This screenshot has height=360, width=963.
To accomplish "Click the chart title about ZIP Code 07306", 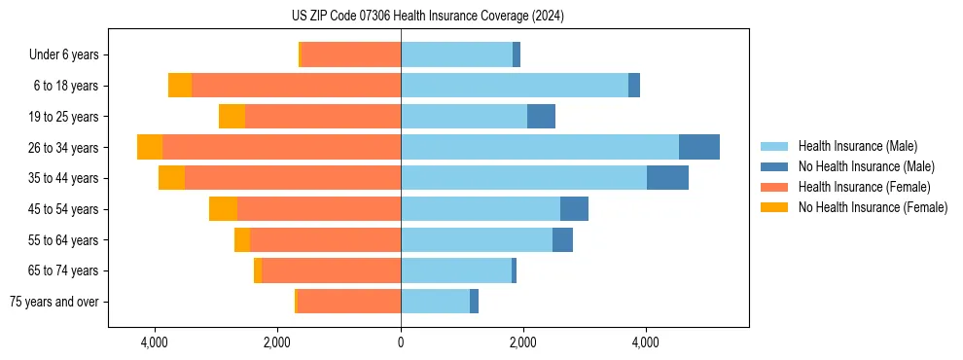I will tap(427, 17).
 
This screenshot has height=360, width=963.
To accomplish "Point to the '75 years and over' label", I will tap(54, 302).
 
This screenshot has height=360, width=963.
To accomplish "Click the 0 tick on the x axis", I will tap(401, 342).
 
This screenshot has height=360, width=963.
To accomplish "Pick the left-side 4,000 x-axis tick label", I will tap(155, 342).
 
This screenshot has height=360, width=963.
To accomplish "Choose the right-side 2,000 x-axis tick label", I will tap(523, 342).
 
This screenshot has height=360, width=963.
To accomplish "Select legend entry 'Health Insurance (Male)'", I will tap(857, 146).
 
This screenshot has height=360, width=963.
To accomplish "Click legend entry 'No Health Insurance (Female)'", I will tap(873, 207).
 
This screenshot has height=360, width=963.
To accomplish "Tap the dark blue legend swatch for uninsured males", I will tap(774, 166).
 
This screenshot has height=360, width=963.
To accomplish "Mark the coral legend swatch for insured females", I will tap(774, 187).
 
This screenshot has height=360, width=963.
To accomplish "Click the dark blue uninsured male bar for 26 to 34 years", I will tap(698, 147).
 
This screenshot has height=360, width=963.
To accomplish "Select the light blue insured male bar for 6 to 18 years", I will tap(515, 86).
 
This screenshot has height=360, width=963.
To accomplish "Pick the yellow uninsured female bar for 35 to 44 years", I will tap(171, 178).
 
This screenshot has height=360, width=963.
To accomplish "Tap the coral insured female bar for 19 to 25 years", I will tap(323, 117).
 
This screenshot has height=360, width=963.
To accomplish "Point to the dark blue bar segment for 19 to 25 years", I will tap(541, 117).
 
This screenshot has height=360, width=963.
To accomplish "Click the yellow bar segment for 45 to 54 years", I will tap(223, 209).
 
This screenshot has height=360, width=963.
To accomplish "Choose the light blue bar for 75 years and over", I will tap(435, 302).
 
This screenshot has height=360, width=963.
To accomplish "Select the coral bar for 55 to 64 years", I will tap(325, 240).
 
